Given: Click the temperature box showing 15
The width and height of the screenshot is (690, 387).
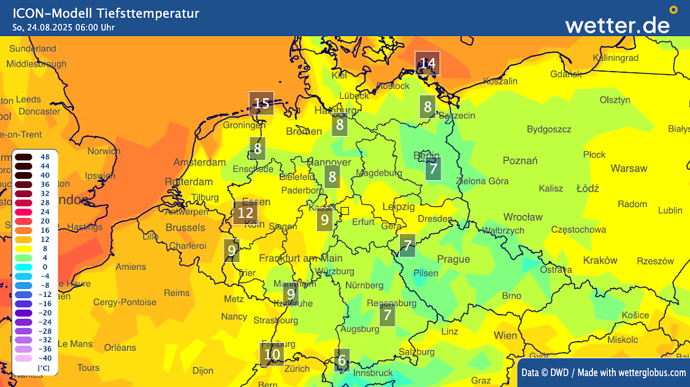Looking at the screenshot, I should (262, 103).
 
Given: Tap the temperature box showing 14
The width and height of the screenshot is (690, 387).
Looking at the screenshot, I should (427, 63).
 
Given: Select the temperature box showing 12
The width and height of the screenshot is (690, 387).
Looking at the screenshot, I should (245, 213).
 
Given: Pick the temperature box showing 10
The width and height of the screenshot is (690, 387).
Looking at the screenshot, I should (272, 354).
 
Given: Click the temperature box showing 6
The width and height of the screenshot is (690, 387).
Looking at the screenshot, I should (342, 360).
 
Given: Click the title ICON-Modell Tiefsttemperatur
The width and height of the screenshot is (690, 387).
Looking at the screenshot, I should (105, 13).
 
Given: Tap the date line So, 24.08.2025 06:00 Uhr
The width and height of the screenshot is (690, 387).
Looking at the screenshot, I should (64, 27).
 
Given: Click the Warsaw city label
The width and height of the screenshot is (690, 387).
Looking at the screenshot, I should (629, 168).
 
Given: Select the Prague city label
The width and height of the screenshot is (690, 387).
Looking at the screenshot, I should (453, 259).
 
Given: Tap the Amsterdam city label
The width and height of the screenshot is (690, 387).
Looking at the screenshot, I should (199, 163).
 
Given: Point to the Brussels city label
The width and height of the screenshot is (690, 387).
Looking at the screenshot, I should (185, 227).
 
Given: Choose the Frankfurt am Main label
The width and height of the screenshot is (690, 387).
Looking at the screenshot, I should (301, 258).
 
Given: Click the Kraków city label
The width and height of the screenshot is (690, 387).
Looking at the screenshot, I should (600, 260).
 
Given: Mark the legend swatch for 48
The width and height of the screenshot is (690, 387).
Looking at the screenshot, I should (25, 157).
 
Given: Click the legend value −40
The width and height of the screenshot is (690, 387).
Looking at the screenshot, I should (44, 358).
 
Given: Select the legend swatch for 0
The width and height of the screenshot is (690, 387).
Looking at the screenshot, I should (25, 267).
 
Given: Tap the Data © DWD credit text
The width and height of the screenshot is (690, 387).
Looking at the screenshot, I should (604, 372).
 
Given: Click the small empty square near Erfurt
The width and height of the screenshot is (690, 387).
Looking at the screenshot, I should (345, 211).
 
